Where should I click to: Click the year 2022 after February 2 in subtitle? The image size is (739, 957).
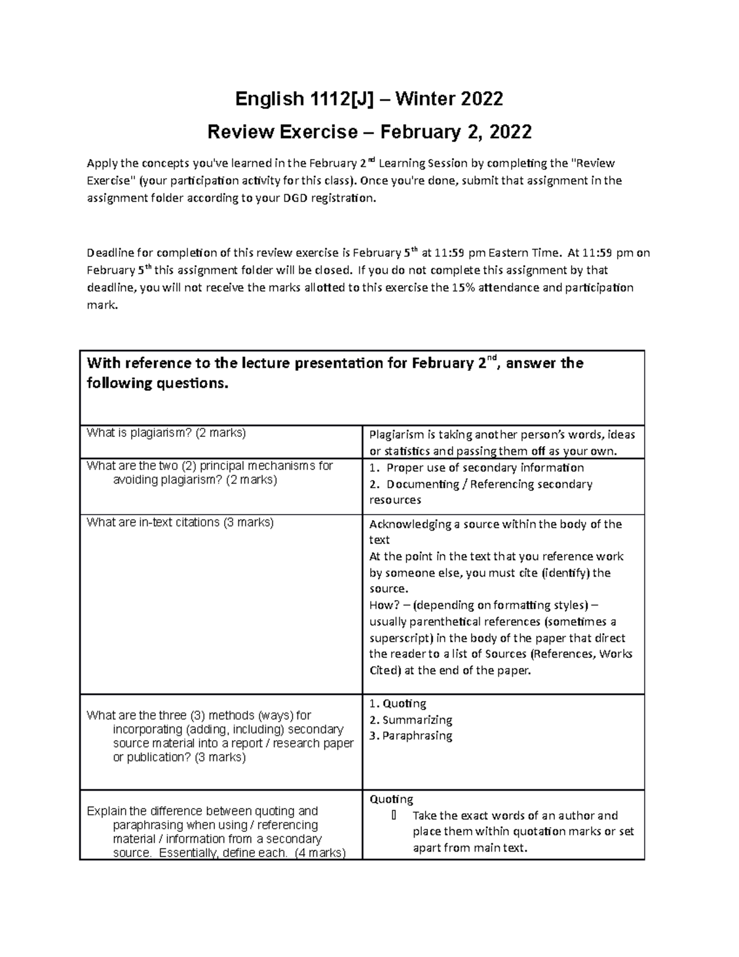click(509, 132)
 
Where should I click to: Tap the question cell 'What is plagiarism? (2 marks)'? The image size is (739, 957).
click(166, 433)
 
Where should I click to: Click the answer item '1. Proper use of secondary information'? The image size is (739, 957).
click(477, 468)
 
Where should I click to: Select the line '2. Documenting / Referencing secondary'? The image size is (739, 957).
click(480, 484)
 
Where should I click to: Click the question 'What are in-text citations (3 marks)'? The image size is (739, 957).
click(180, 523)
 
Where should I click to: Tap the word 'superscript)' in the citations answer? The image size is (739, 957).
click(400, 638)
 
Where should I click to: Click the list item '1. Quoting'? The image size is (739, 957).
click(398, 704)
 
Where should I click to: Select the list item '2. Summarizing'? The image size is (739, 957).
click(411, 720)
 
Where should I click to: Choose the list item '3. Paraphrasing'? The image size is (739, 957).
click(411, 736)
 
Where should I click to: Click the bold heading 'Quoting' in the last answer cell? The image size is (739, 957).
click(391, 799)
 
